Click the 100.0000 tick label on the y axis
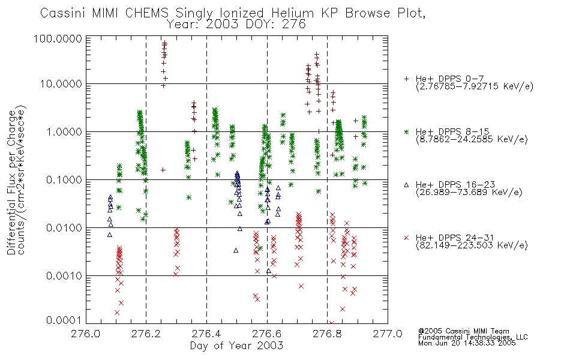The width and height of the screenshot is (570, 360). [x=58, y=38]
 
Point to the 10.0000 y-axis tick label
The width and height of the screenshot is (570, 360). [x=61, y=84]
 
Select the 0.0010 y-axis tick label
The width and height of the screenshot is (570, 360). [x=64, y=276]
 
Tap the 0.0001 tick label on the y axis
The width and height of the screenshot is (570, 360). [x=64, y=320]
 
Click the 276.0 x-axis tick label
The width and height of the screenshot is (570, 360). [x=86, y=334]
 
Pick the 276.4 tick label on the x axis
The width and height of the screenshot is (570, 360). [x=206, y=334]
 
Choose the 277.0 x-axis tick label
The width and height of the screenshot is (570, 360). [x=388, y=334]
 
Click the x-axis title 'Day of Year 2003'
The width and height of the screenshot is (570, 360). [x=236, y=346]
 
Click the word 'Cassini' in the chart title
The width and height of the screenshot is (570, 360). [x=63, y=13]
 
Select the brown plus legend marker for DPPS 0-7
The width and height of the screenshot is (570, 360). [x=406, y=79]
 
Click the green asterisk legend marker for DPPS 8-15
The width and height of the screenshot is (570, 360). [x=406, y=131]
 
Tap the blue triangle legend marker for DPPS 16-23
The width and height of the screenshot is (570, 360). [x=406, y=185]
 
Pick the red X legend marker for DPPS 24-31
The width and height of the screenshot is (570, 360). [x=406, y=238]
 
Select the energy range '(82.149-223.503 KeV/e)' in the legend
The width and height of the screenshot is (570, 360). [x=472, y=245]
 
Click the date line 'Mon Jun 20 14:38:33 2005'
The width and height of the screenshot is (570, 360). [x=467, y=343]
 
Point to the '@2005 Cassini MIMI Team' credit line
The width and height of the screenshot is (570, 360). [x=463, y=331]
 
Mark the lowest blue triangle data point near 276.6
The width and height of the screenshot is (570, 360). [x=269, y=271]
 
